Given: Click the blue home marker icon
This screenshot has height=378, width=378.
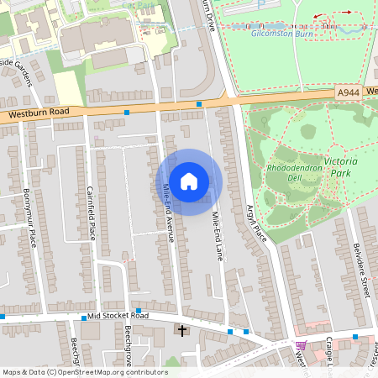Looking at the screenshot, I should coord(189,181).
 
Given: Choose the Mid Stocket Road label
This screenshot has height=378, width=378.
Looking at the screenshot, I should coord(118,317).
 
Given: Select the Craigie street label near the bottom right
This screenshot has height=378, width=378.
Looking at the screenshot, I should coord(329,357).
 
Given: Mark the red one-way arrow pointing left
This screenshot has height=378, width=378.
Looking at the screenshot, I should coord(318,16).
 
